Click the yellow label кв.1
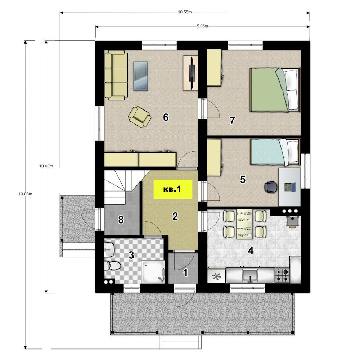[x=173, y=189]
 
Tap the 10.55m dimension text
[x=185, y=12]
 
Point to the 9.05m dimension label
[x=202, y=26]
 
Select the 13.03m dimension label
[x=25, y=194]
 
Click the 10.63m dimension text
[x=46, y=166]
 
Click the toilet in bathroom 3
[x=112, y=266]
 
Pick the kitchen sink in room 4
[x=250, y=275]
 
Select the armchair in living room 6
[x=140, y=116]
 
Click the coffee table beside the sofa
[x=140, y=76]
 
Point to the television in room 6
[x=192, y=73]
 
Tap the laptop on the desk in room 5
[x=290, y=187]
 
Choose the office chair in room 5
[x=271, y=186]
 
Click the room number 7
[x=232, y=120]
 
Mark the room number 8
[x=121, y=220]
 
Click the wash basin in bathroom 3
[x=109, y=249]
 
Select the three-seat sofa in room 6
[x=116, y=75]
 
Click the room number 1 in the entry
[x=185, y=273]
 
